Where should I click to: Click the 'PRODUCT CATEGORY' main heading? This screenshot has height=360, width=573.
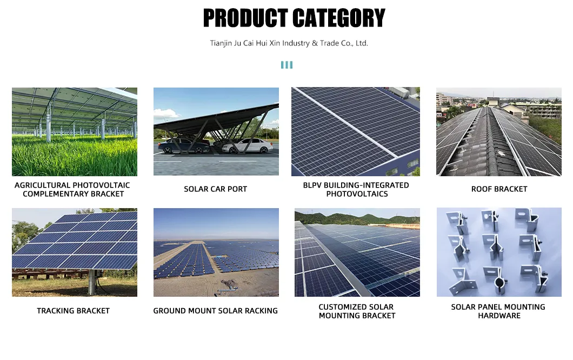tap(294, 18)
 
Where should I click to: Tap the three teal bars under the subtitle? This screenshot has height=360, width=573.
tap(286, 65)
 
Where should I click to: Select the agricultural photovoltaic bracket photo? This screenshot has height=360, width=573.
tap(75, 131)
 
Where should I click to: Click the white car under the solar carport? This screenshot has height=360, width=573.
tap(248, 145)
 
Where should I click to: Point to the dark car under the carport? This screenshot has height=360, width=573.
tap(183, 145)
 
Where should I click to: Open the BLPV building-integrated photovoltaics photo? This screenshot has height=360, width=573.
tap(355, 131)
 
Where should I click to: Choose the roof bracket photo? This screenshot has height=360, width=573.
tap(498, 131)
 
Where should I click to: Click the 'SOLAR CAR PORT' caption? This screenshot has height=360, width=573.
tap(215, 189)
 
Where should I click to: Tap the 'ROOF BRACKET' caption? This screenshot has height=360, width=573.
tap(499, 189)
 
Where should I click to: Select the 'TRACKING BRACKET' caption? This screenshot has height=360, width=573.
tap(73, 311)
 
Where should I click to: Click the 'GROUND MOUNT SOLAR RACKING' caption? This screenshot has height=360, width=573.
tap(215, 311)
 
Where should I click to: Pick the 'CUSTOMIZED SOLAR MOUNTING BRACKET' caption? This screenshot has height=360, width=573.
tap(357, 311)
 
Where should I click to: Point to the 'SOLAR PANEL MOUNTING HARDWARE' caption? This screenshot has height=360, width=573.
tap(498, 311)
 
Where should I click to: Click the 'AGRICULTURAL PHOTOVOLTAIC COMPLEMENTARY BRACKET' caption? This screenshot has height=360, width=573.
tap(73, 190)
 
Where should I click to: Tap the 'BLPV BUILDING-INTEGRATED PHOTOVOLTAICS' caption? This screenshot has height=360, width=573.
tap(357, 190)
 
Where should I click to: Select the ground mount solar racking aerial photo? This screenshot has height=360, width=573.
tap(216, 252)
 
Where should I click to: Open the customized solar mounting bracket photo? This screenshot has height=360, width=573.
tap(357, 252)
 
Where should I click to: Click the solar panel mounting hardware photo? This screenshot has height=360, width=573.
tap(498, 252)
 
